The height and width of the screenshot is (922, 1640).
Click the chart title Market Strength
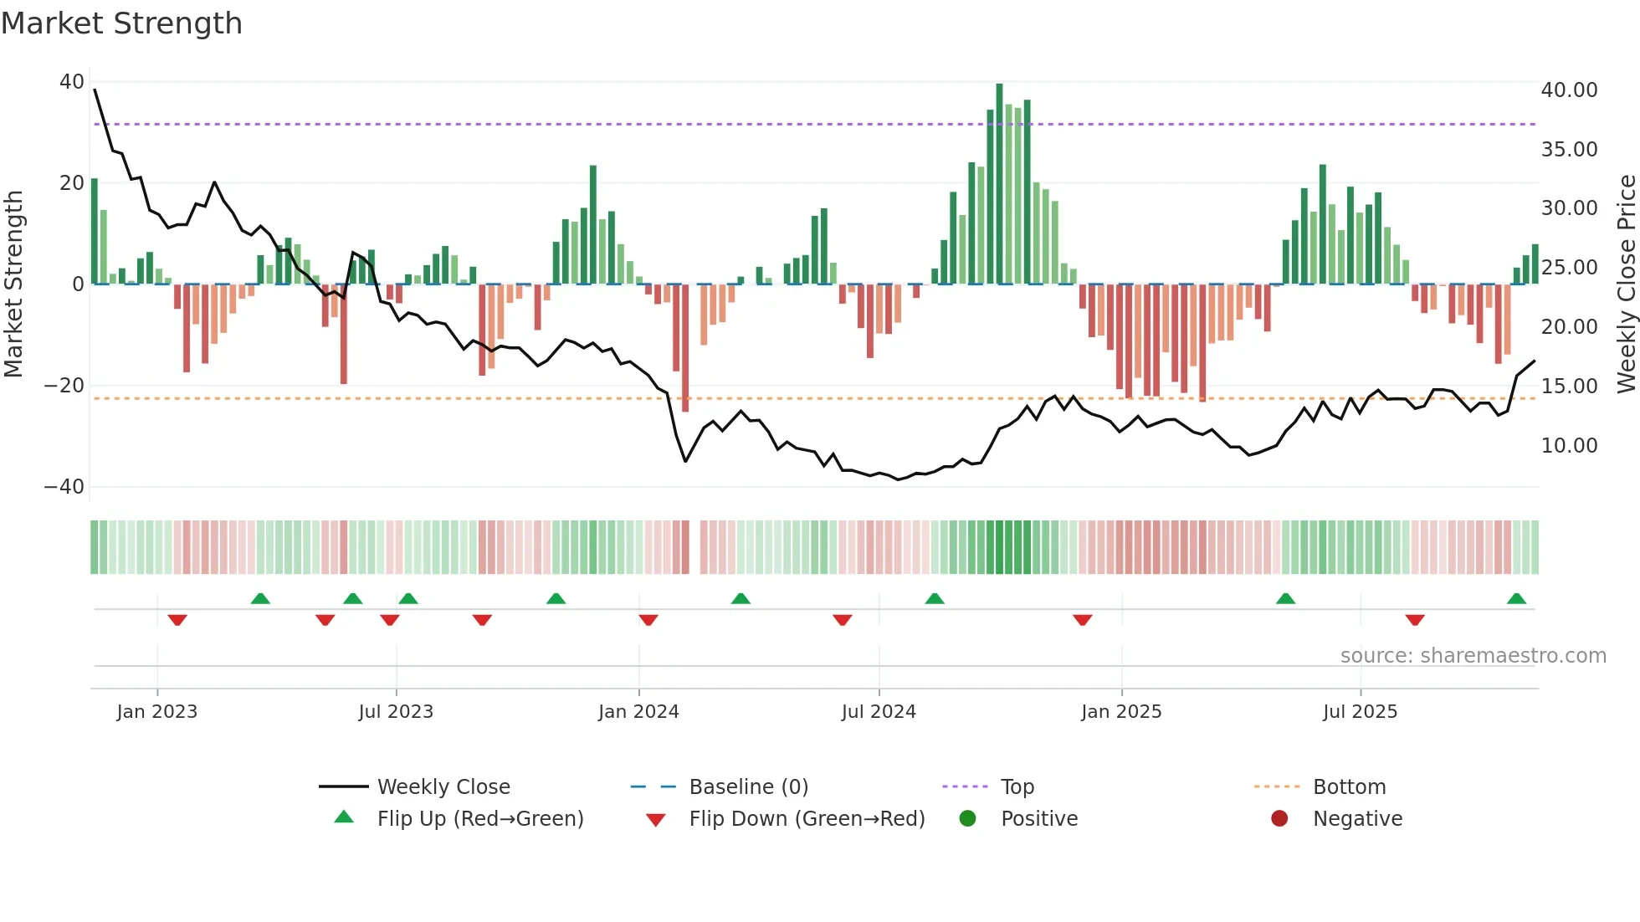tap(121, 23)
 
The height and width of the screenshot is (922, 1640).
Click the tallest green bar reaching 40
tap(999, 184)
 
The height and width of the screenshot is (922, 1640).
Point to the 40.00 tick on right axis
tap(1569, 90)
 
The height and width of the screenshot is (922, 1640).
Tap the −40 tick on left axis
tap(64, 487)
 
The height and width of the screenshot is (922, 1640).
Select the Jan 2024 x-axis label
tap(638, 712)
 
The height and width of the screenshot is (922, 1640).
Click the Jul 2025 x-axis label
tap(1360, 712)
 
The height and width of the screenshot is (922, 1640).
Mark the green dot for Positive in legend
tap(968, 819)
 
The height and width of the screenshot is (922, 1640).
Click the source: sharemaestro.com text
tap(1473, 656)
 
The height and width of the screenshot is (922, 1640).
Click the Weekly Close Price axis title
tap(1626, 284)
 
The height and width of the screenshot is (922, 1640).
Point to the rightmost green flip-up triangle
tap(1516, 599)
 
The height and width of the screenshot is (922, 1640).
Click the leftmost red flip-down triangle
tap(177, 620)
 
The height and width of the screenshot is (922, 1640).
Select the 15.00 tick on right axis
tap(1569, 387)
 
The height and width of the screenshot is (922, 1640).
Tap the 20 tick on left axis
tap(72, 183)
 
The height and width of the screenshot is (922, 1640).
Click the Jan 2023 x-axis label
tap(157, 712)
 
